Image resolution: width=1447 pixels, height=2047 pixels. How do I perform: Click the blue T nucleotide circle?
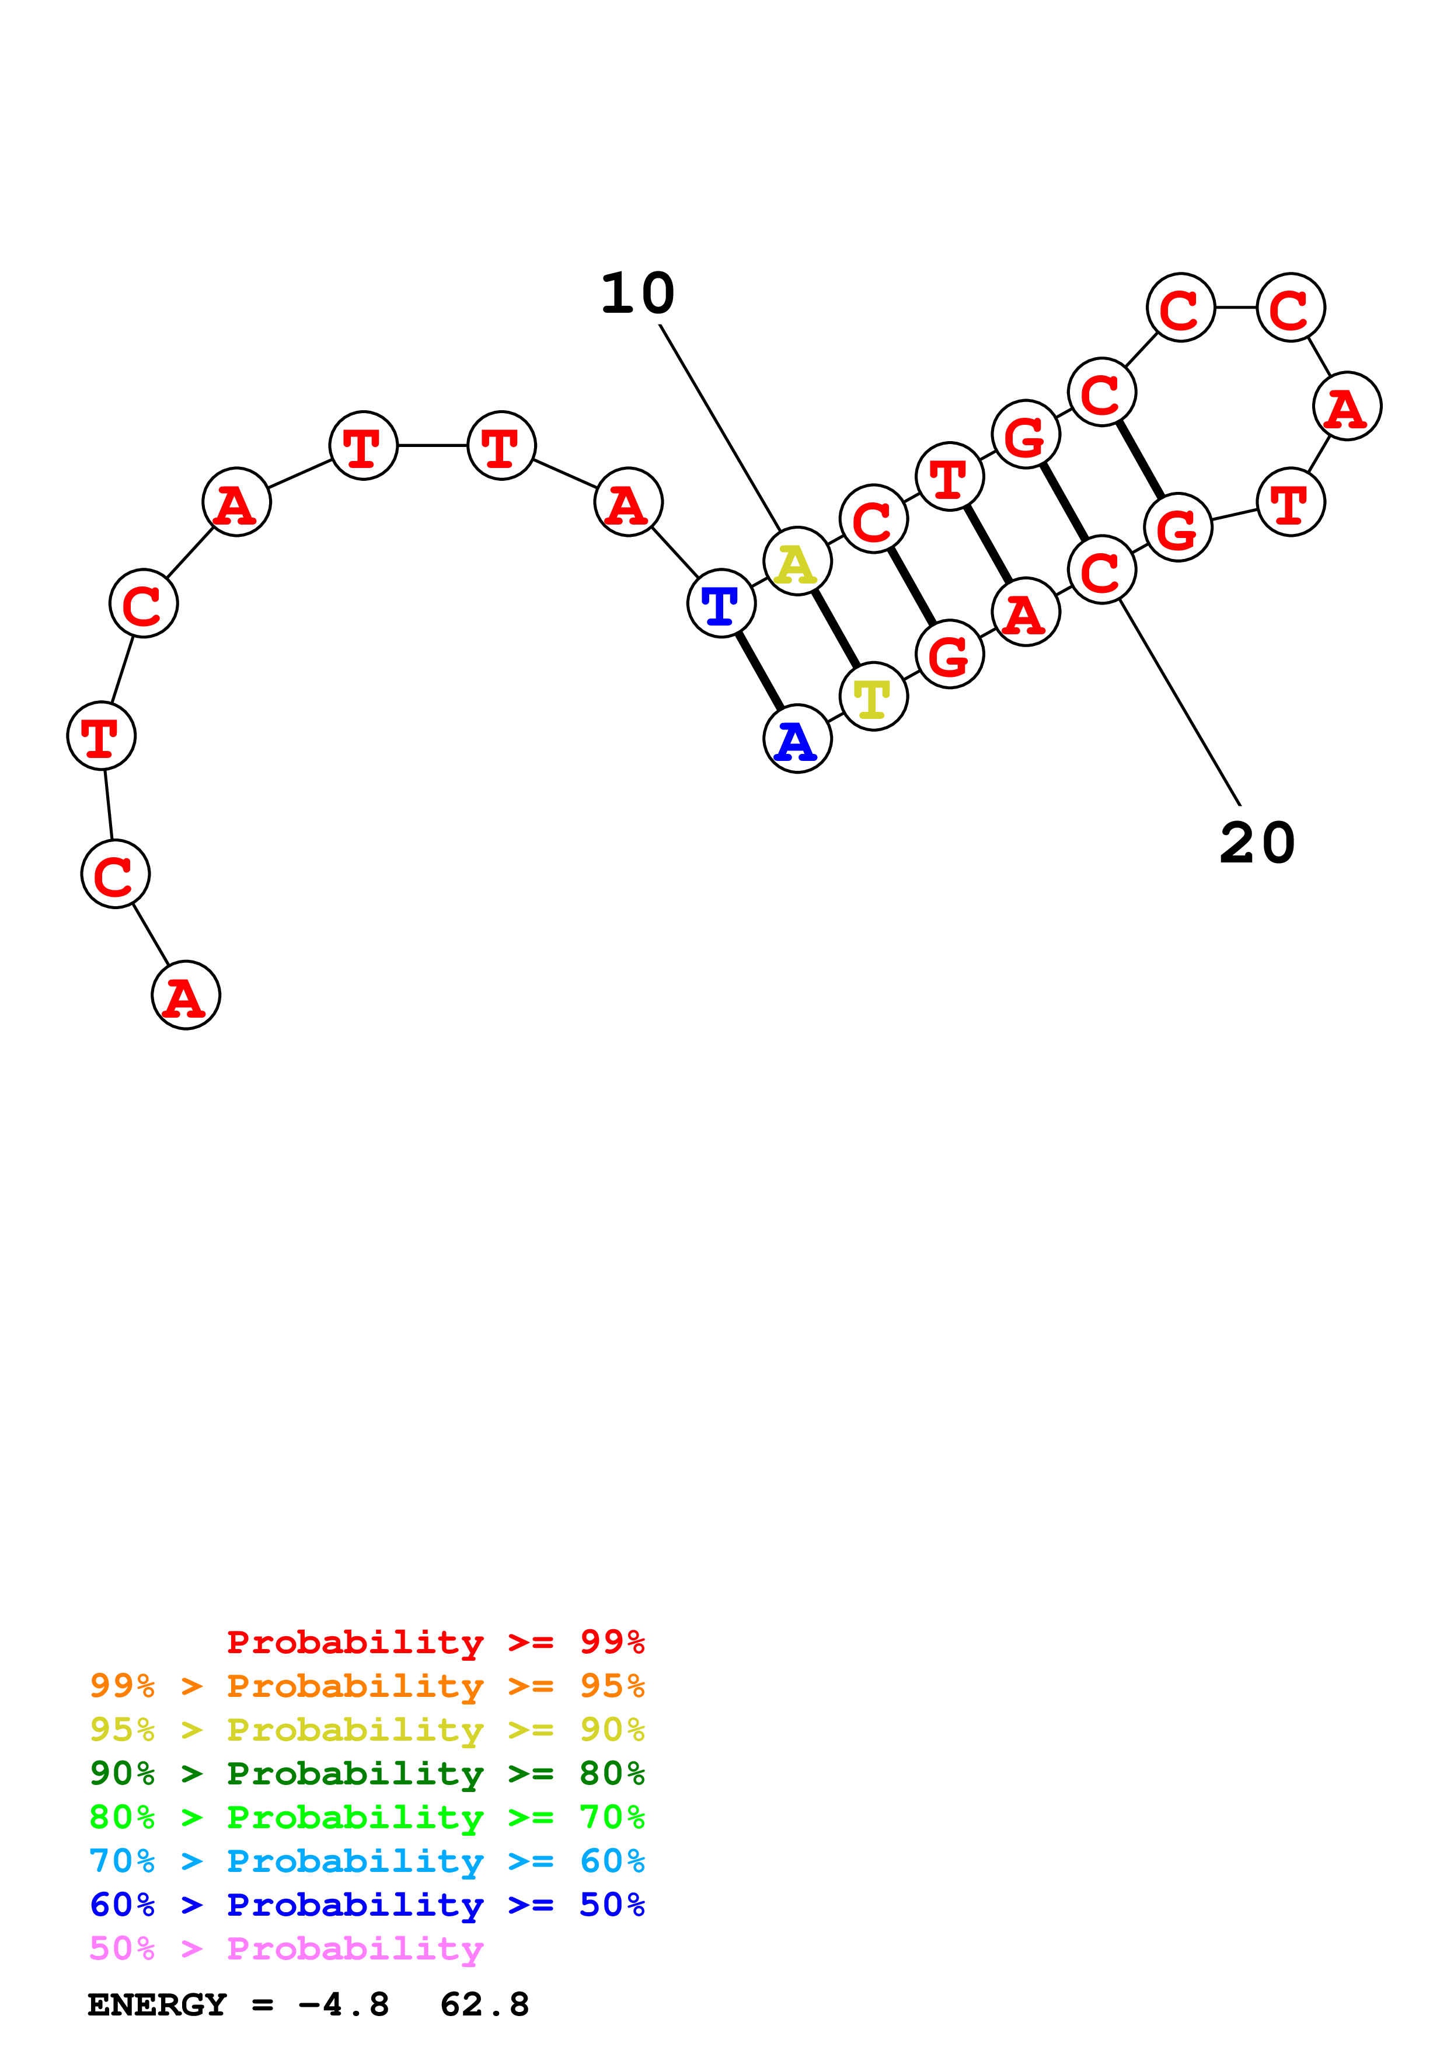(x=721, y=603)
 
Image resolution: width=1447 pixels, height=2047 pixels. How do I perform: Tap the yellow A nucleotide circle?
(x=798, y=561)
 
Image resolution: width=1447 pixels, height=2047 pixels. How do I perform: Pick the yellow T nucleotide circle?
(x=874, y=696)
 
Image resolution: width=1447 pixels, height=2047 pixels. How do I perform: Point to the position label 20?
(x=1257, y=843)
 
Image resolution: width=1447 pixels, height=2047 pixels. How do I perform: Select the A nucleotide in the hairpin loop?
(x=1347, y=406)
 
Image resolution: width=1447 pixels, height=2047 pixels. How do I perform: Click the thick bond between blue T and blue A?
(x=759, y=671)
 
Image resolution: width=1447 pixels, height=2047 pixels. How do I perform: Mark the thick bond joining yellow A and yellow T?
(x=835, y=628)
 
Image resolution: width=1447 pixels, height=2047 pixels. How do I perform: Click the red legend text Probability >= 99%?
(x=436, y=1642)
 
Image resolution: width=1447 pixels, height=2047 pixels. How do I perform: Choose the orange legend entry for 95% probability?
(x=367, y=1686)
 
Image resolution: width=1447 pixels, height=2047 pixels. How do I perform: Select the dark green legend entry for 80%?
(x=367, y=1773)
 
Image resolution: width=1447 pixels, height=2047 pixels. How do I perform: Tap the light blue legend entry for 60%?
(x=367, y=1861)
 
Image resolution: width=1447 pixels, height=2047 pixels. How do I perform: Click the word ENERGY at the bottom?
(x=157, y=2005)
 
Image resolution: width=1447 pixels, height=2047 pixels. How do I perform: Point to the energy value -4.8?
(x=344, y=2005)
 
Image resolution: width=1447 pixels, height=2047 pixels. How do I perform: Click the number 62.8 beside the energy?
(x=485, y=2005)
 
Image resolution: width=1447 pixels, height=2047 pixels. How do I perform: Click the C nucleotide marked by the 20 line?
(x=1102, y=570)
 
